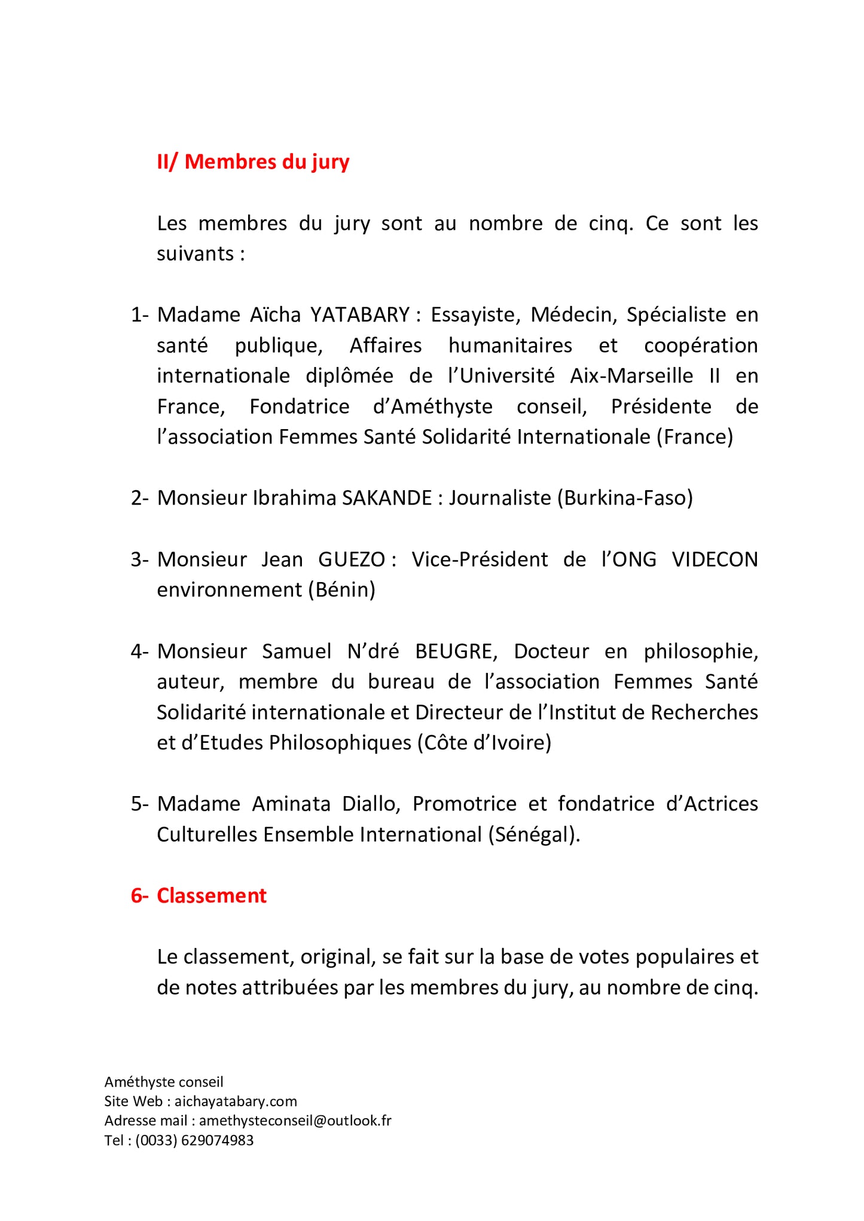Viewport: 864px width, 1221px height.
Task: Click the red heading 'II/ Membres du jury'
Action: tap(253, 162)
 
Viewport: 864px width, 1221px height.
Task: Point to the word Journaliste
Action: tap(500, 498)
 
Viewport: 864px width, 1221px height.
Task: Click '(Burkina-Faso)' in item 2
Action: tap(625, 498)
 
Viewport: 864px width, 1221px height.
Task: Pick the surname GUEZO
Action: tap(352, 559)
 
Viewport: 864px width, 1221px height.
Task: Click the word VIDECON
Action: tap(715, 559)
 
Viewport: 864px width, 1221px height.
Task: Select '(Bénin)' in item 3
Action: tap(342, 590)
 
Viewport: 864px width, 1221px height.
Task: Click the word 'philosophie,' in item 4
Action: tap(701, 651)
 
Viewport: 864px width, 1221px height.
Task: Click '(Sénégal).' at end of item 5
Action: tap(534, 835)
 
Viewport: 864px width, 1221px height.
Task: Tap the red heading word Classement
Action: tap(212, 896)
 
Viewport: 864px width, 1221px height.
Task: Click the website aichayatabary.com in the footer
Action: tap(236, 1101)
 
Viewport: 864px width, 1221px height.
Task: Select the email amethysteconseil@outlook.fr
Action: tap(295, 1121)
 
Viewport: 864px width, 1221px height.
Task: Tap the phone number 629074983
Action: tap(217, 1140)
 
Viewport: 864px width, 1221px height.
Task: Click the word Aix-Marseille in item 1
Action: tap(631, 376)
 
